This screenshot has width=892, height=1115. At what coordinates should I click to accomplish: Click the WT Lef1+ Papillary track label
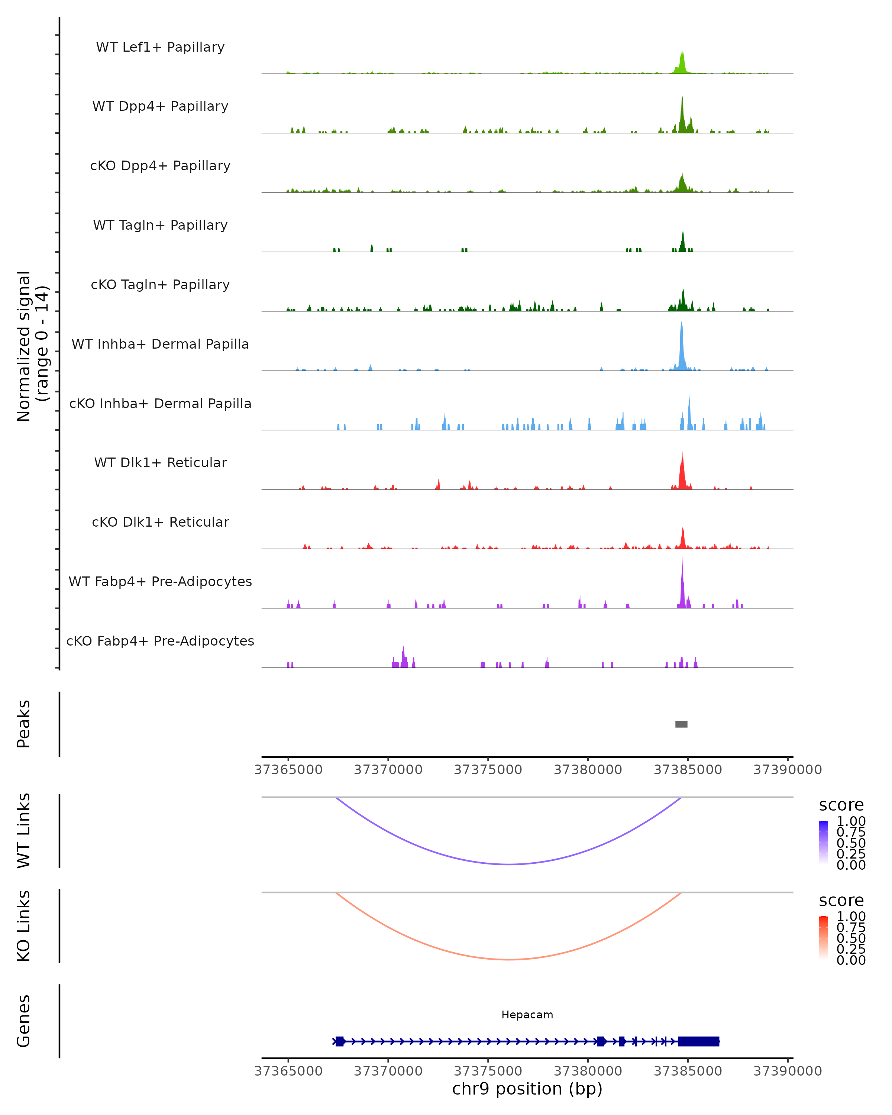pyautogui.click(x=160, y=47)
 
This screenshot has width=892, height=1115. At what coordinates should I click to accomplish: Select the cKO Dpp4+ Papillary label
pyautogui.click(x=160, y=165)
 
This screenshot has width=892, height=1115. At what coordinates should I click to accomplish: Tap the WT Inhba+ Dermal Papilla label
pyautogui.click(x=160, y=344)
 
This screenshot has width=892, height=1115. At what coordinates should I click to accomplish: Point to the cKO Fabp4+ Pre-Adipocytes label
pyautogui.click(x=160, y=641)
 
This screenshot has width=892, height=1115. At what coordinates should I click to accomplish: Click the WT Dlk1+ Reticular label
pyautogui.click(x=160, y=462)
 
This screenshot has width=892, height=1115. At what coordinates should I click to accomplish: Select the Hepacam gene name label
pyautogui.click(x=527, y=1015)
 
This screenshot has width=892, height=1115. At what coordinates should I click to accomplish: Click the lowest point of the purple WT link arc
pyautogui.click(x=509, y=864)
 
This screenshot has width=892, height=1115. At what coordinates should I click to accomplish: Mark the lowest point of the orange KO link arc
pyautogui.click(x=509, y=959)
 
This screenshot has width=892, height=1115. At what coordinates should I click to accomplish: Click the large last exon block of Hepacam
pyautogui.click(x=698, y=1041)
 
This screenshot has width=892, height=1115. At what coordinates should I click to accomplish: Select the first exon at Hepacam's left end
pyautogui.click(x=340, y=1041)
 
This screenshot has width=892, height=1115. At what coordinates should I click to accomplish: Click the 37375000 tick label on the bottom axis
pyautogui.click(x=488, y=1071)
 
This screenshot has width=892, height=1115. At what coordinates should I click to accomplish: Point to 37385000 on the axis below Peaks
pyautogui.click(x=688, y=770)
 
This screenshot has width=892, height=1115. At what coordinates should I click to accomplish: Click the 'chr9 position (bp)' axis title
pyautogui.click(x=527, y=1089)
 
